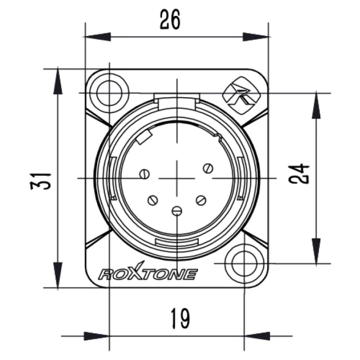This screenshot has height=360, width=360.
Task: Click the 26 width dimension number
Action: tap(170, 20)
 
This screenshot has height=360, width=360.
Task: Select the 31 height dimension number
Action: tap(40, 182)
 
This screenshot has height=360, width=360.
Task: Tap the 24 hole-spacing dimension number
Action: tap(299, 174)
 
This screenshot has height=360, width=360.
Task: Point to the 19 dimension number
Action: tap(181, 318)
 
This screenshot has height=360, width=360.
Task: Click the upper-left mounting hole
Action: tap(109, 94)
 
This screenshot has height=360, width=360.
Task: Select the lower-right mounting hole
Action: tap(244, 263)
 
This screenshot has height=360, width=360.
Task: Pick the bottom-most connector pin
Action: tap(177, 210)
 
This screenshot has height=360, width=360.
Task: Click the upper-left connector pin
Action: tap(145, 174)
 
